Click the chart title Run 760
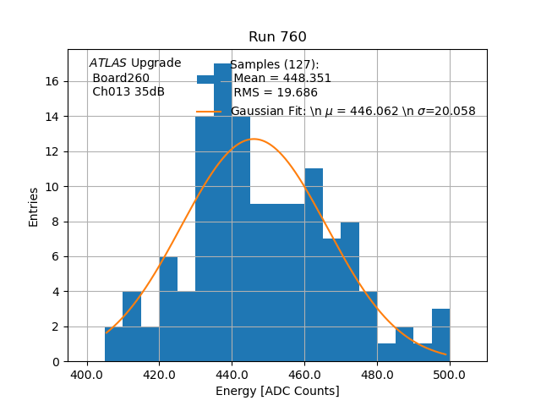point(277,37)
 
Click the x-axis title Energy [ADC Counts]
point(277,391)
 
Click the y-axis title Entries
point(34,206)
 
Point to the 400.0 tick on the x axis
point(87,375)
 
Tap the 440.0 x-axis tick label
point(232,375)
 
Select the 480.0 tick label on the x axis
point(377,375)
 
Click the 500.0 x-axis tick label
point(450,375)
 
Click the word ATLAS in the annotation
point(108,63)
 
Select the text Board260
point(121,78)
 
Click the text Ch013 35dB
point(128,91)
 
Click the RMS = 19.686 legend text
point(276,92)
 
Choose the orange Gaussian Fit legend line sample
point(209,111)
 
